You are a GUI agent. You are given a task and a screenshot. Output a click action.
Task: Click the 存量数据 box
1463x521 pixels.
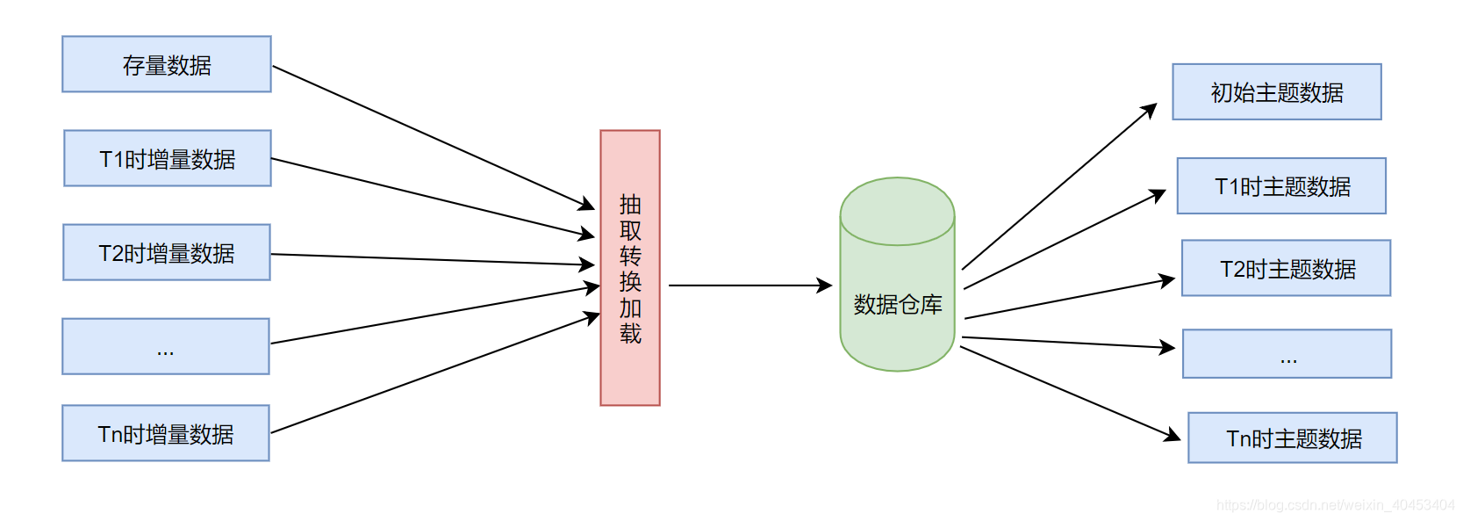coord(167,64)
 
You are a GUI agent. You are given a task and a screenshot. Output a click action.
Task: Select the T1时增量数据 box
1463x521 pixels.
coord(168,158)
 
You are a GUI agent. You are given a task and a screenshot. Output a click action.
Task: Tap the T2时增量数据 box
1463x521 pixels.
coord(167,252)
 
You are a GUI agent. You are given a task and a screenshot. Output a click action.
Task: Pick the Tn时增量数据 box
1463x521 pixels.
coord(166,433)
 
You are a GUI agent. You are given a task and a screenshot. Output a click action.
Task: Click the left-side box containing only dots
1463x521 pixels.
coord(166,346)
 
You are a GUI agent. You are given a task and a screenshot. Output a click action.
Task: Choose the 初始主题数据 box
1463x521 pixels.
coord(1277,91)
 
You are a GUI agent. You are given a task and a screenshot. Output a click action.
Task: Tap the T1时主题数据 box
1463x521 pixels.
coord(1281,185)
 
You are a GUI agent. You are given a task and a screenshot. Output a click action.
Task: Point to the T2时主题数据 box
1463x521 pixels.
coord(1287,268)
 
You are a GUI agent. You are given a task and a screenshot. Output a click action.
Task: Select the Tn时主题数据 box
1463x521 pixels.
coord(1293,438)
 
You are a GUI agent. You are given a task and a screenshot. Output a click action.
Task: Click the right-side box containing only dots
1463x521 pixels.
coord(1287,354)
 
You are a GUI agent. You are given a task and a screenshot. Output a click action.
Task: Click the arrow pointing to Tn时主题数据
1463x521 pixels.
coord(1071,393)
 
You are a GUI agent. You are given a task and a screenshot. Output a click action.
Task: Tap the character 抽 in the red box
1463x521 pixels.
coord(630,205)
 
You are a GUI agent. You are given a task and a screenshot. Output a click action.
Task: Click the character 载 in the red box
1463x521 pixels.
coord(630,334)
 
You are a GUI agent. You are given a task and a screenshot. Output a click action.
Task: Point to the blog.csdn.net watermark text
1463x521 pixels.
coord(1335,505)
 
